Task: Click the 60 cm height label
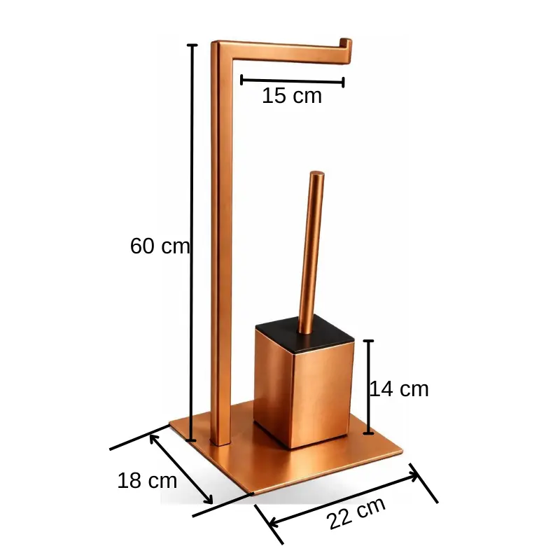pos(160,246)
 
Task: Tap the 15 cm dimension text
pos(292,97)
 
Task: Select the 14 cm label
pos(398,389)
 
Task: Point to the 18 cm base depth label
pos(147,481)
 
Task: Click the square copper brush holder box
pos(301,392)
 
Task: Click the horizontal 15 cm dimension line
pos(292,81)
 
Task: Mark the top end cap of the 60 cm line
pos(192,45)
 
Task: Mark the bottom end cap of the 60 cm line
pos(192,440)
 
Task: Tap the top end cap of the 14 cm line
pos(369,341)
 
